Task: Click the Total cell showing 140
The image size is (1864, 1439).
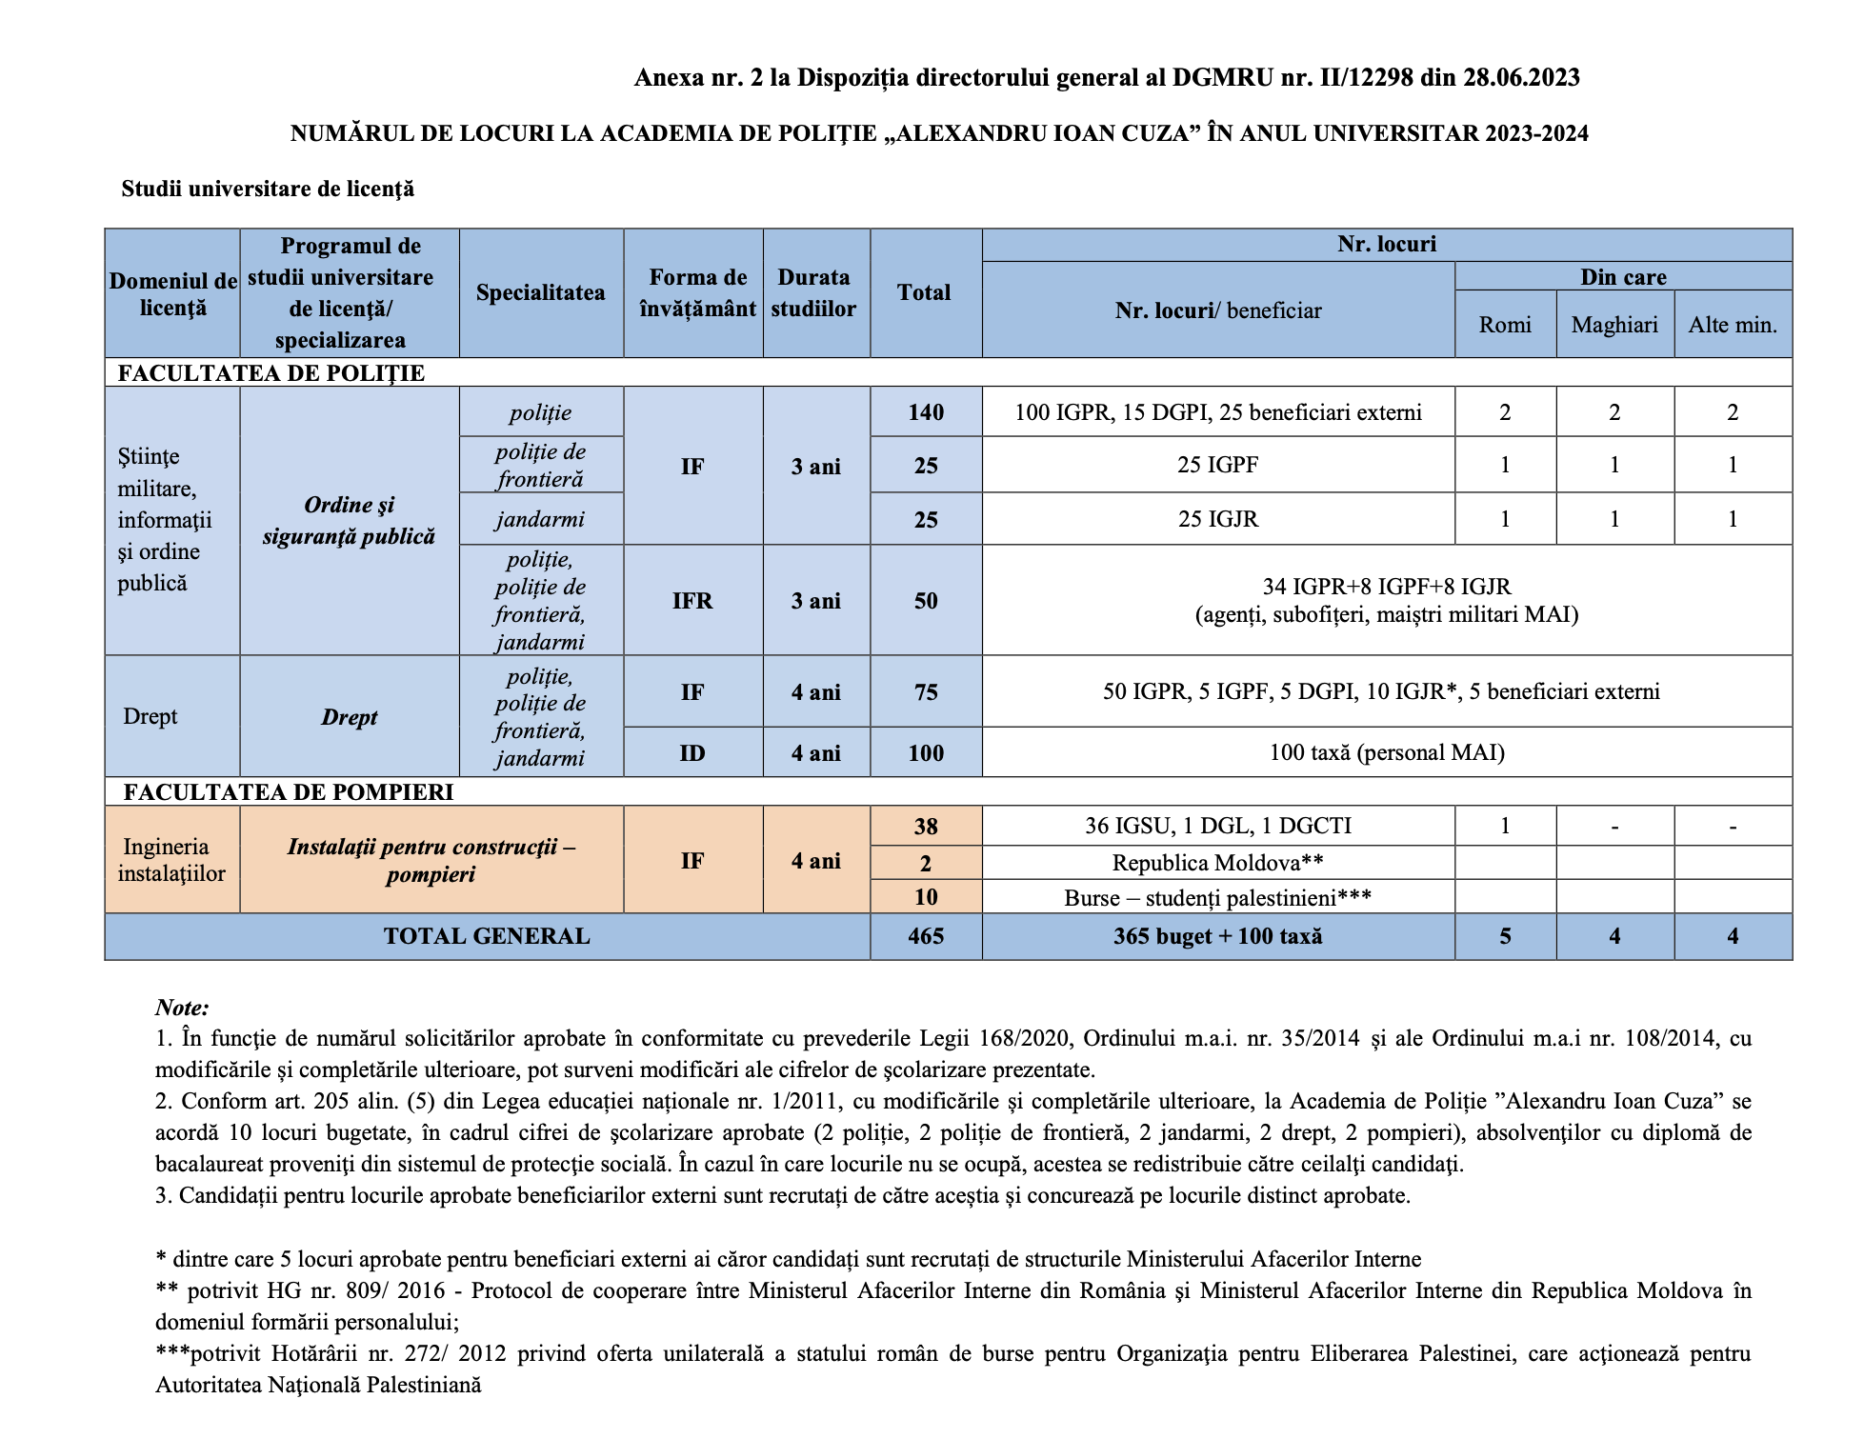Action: [x=925, y=412]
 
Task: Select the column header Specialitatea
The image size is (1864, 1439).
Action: [x=540, y=292]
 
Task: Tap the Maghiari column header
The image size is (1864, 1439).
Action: [x=1614, y=325]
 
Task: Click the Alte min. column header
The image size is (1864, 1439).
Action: [x=1733, y=325]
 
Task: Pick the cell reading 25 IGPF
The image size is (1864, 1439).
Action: [x=1217, y=465]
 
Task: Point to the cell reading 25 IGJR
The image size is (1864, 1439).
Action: [x=1217, y=519]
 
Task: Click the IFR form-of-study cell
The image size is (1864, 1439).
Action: [x=692, y=601]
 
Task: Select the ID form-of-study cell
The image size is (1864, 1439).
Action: [x=692, y=753]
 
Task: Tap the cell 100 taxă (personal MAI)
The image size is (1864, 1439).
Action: [x=1386, y=752]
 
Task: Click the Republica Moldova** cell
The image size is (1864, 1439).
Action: [x=1217, y=863]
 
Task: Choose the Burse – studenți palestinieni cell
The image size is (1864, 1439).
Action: [x=1217, y=897]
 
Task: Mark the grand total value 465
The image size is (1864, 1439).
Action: [x=925, y=936]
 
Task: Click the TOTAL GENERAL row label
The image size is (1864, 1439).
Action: [x=487, y=936]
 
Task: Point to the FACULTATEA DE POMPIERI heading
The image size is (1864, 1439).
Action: [x=289, y=792]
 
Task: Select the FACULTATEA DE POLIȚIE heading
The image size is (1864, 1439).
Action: [x=271, y=372]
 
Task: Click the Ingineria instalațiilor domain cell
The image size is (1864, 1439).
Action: [x=171, y=860]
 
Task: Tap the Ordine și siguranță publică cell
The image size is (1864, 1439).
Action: [x=349, y=521]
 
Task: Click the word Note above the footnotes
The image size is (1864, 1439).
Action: [x=182, y=1008]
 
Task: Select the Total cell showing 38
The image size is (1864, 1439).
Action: [x=925, y=827]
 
